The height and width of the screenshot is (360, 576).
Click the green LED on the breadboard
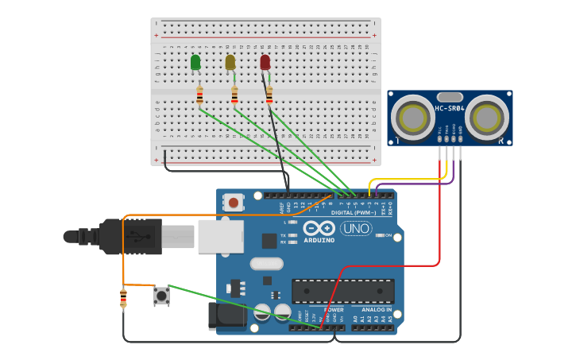(195, 62)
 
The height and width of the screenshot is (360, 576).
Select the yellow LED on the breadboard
(230, 62)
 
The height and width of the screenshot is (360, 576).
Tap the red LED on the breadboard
(265, 62)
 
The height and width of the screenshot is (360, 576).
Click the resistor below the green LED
(199, 95)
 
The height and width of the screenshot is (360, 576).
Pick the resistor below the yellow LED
(234, 95)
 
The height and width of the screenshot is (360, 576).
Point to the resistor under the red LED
(269, 95)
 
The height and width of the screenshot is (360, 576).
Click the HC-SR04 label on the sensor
(450, 108)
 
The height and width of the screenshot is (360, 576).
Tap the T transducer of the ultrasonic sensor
(413, 118)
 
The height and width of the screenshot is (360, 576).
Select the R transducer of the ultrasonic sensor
(486, 118)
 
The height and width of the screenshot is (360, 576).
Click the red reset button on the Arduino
(233, 203)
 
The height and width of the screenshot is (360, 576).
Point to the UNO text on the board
(356, 229)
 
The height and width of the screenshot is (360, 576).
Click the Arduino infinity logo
(318, 227)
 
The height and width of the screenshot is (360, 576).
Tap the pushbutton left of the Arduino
(161, 296)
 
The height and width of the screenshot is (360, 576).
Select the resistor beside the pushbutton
(123, 299)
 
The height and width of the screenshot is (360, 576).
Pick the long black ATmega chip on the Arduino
(342, 291)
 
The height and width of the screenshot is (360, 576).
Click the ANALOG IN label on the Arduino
(377, 309)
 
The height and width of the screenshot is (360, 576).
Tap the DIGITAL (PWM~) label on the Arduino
(353, 213)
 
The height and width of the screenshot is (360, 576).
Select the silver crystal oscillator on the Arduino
(266, 263)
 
